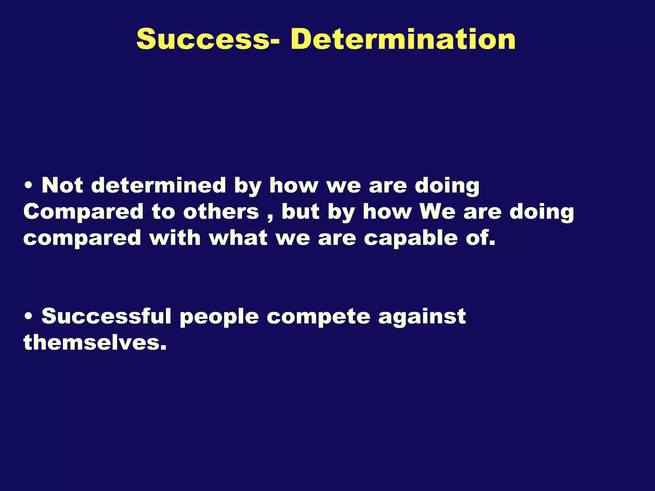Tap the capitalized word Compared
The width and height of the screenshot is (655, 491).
click(83, 213)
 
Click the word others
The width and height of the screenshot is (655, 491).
click(221, 212)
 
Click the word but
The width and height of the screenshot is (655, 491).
click(300, 212)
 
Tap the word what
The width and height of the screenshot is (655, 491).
click(239, 238)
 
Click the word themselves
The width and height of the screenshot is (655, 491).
click(95, 343)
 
